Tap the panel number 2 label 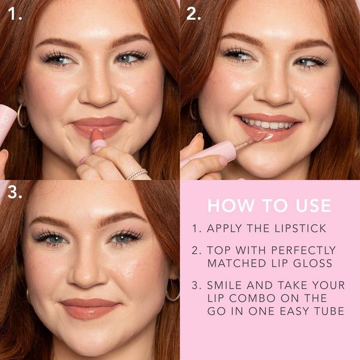[x=193, y=14]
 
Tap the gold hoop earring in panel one [x=22, y=115]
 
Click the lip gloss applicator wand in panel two [x=249, y=141]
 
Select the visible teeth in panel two [x=268, y=125]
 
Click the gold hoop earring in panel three [x=172, y=290]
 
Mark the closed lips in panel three [x=89, y=307]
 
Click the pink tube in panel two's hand [x=207, y=152]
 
